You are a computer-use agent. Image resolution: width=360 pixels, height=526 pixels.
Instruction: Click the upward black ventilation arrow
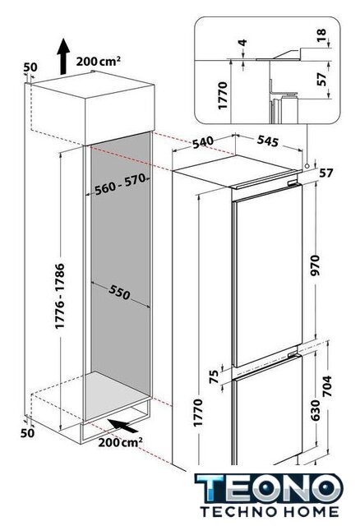tap(63, 57)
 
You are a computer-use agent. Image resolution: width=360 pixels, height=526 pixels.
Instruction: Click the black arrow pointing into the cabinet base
tap(123, 425)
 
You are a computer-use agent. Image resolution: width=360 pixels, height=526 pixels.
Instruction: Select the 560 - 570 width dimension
tap(119, 184)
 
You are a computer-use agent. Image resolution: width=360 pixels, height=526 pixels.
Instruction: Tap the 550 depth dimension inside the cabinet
tap(119, 292)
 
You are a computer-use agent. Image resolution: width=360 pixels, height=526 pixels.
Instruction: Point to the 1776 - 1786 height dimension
tap(60, 296)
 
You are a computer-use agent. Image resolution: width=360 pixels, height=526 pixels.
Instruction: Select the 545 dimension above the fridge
tap(268, 141)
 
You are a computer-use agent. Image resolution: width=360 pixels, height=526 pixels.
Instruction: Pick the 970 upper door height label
tap(316, 265)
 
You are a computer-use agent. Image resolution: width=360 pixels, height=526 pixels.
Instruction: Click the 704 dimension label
tap(327, 385)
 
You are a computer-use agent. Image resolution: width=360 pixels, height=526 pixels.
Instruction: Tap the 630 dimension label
tap(316, 410)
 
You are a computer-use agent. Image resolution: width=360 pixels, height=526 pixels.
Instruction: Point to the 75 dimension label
tap(214, 376)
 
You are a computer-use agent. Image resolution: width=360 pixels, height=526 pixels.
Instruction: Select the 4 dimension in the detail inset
tap(243, 43)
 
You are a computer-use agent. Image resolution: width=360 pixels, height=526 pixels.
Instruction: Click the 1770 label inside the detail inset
tap(223, 95)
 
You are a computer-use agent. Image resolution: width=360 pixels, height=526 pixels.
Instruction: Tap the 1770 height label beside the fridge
tap(198, 413)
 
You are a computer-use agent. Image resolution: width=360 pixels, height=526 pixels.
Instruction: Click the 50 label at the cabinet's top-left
tap(30, 67)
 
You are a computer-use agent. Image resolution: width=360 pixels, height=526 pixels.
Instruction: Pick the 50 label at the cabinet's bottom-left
tap(27, 433)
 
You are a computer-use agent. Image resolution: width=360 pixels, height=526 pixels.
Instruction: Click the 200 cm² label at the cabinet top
tap(99, 62)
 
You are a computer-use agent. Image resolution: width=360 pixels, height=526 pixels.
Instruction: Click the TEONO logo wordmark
tap(269, 487)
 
